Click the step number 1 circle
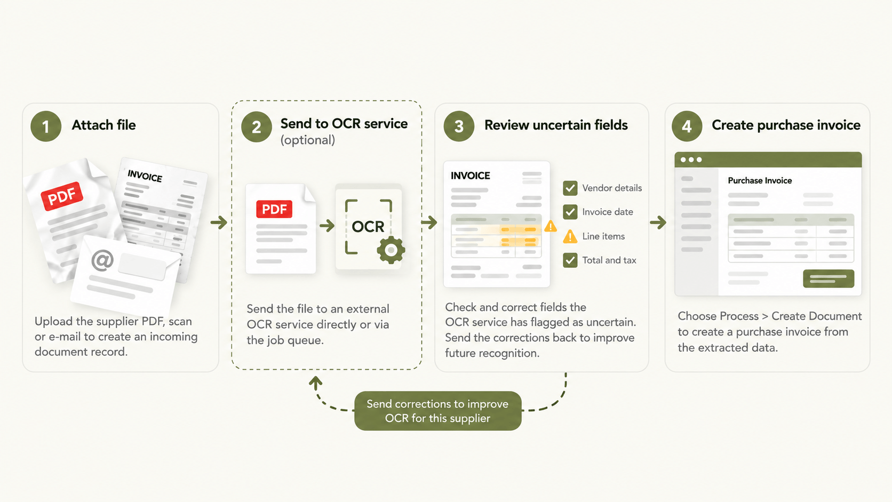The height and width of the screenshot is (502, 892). (x=46, y=126)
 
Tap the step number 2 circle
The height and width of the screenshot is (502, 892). (x=257, y=127)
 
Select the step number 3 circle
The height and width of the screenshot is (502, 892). (x=459, y=126)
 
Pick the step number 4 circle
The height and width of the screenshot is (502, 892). (x=687, y=126)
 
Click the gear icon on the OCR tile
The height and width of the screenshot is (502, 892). (x=391, y=250)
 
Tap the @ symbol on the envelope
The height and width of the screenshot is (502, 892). (x=102, y=260)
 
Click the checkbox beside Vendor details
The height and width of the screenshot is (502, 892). (x=570, y=188)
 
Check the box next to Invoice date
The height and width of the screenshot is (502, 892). (x=570, y=212)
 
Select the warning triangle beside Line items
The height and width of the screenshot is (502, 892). (x=570, y=237)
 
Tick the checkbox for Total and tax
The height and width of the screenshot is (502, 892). (x=570, y=260)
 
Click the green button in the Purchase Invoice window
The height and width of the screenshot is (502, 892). (x=829, y=278)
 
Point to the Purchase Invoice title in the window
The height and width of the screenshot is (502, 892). (x=760, y=181)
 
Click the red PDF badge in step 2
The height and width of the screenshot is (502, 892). (x=274, y=210)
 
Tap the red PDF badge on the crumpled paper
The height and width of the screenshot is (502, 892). (x=62, y=196)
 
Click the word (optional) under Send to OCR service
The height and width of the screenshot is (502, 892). (x=308, y=140)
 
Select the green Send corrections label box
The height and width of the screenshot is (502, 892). (x=437, y=411)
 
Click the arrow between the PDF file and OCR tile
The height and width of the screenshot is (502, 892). (x=327, y=226)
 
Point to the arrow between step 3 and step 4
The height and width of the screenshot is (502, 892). (x=658, y=222)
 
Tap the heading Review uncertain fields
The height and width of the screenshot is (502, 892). (x=556, y=125)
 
